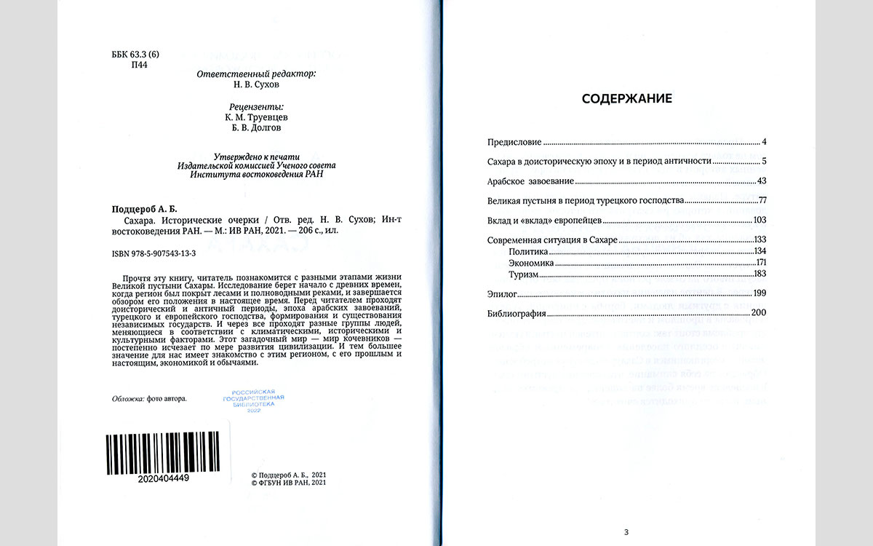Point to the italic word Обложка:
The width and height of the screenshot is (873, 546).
(127, 398)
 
